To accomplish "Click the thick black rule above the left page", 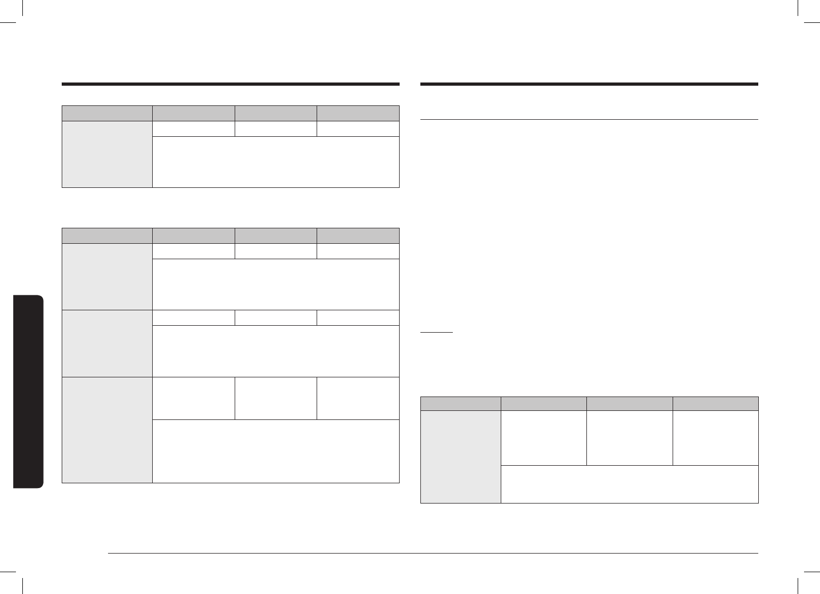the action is click(230, 84).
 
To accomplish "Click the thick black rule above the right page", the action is click(589, 84).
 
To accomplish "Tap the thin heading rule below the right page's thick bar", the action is click(589, 120).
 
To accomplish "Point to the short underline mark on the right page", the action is click(436, 332).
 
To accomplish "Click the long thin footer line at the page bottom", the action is click(433, 554).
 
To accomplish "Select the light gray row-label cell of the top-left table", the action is click(107, 154).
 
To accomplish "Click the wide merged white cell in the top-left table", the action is click(276, 162).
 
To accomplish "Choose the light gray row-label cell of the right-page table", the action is click(460, 456).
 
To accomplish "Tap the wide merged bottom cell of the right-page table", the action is click(630, 484).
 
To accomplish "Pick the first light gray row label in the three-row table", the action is click(107, 276).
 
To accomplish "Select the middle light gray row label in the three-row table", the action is click(107, 343).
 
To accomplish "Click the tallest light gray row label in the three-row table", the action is click(107, 430).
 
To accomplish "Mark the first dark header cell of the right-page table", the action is click(460, 403).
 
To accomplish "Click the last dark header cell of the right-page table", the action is click(715, 403).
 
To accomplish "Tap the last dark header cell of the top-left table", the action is click(358, 113).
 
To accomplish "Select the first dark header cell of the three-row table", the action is click(107, 236).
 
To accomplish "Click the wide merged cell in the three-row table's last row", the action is click(276, 451).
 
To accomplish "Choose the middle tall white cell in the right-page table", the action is click(630, 438).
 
